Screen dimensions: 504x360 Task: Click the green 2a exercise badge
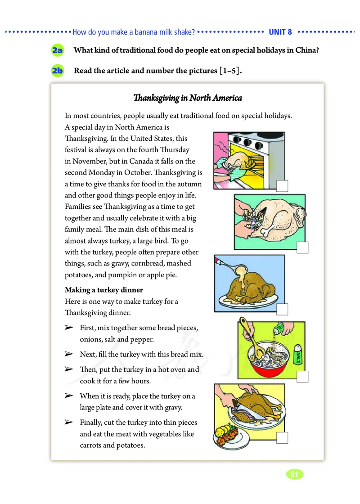pyautogui.click(x=58, y=50)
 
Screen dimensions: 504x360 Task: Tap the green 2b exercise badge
pyautogui.click(x=58, y=71)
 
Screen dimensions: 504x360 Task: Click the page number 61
pyautogui.click(x=294, y=474)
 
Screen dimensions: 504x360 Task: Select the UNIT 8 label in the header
pyautogui.click(x=280, y=32)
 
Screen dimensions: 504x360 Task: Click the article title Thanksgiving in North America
pyautogui.click(x=188, y=98)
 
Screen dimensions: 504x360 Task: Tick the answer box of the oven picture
pyautogui.click(x=282, y=186)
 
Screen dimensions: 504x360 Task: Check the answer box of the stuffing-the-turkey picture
pyautogui.click(x=302, y=248)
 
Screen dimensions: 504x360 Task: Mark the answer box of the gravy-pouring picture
pyautogui.click(x=282, y=310)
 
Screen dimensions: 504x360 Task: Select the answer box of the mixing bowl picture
pyautogui.click(x=302, y=376)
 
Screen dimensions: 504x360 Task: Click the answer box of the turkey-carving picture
pyautogui.click(x=282, y=438)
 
